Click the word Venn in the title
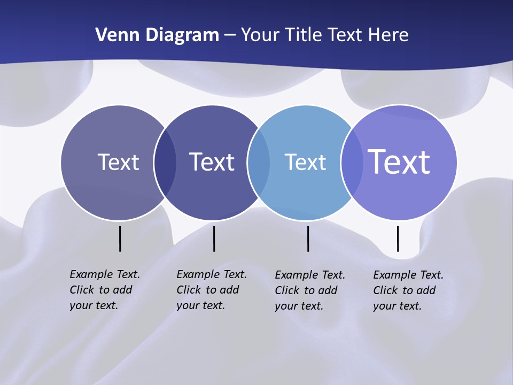(x=113, y=35)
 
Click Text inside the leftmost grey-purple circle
(x=118, y=162)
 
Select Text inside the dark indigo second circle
(x=212, y=162)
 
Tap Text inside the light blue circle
(x=305, y=162)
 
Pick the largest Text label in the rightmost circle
(x=399, y=161)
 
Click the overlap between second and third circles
(x=259, y=163)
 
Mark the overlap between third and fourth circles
(x=352, y=163)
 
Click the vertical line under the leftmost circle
(x=120, y=238)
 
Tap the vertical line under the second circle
(x=214, y=238)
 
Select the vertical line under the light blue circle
(x=308, y=238)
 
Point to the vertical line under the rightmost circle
(x=398, y=238)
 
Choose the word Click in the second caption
(x=189, y=290)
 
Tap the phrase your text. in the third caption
(x=299, y=306)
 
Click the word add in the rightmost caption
(x=426, y=290)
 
